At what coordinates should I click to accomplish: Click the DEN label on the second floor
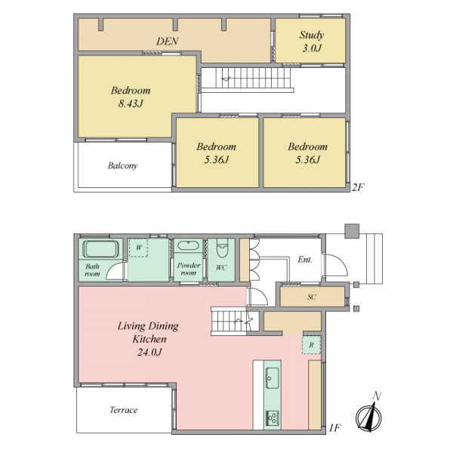click(x=168, y=42)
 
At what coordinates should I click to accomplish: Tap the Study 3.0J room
click(x=310, y=41)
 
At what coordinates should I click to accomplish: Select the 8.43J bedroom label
click(x=131, y=97)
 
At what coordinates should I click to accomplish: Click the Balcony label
click(x=122, y=166)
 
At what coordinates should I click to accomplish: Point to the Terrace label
click(x=123, y=410)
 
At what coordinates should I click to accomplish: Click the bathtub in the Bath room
click(x=100, y=248)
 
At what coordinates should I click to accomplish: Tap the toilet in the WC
click(x=222, y=248)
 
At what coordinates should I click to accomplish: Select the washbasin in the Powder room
click(x=188, y=246)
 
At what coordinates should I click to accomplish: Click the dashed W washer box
click(x=138, y=248)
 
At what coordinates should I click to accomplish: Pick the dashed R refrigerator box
click(x=311, y=345)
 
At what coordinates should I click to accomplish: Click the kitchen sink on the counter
click(x=272, y=378)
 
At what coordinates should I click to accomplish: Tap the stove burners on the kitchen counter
click(x=272, y=418)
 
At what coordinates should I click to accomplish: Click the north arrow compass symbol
click(x=369, y=415)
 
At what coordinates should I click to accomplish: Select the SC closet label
click(x=311, y=297)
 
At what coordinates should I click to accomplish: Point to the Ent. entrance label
click(x=305, y=260)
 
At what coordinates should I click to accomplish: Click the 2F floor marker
click(x=358, y=187)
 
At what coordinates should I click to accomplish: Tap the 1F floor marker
click(x=335, y=428)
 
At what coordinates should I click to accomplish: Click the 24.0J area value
click(x=149, y=352)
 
